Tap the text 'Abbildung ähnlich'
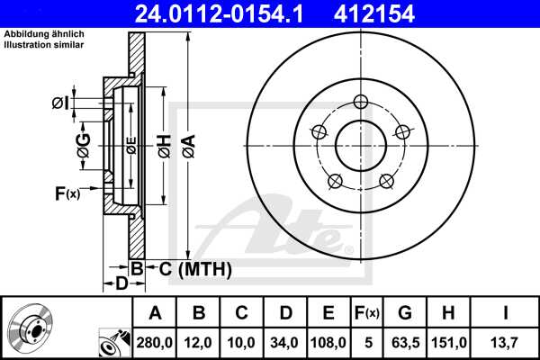point(44,33)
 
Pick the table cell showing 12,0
point(201,342)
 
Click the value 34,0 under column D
point(286,342)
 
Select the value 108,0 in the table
point(329,342)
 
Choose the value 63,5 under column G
point(405,342)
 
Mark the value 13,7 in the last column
point(504,342)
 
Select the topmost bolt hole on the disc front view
point(361,101)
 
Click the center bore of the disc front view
point(361,145)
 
